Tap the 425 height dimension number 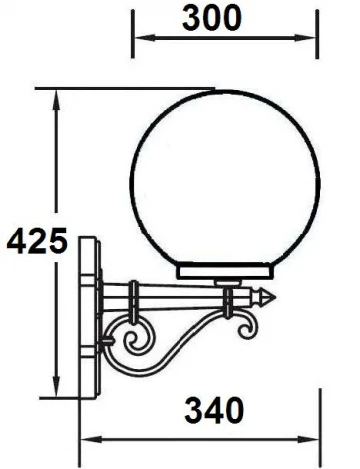(35, 242)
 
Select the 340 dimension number (214, 410)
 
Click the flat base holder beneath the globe (227, 270)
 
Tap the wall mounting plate (90, 317)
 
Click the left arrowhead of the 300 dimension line (140, 39)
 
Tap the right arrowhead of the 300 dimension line (315, 39)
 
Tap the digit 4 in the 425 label (15, 242)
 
